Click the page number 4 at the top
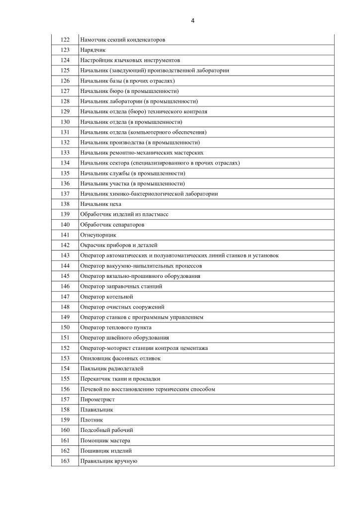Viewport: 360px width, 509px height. [x=192, y=20]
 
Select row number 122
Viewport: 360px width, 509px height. [x=65, y=40]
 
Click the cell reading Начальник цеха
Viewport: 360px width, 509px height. [x=100, y=204]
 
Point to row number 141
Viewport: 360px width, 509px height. [x=65, y=235]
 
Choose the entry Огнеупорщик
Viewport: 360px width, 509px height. [x=98, y=235]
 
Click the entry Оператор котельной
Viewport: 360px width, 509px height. [x=106, y=296]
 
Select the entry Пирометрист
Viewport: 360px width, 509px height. [x=97, y=399]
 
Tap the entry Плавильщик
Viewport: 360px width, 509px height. [x=96, y=410]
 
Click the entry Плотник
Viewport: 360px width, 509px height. [x=91, y=420]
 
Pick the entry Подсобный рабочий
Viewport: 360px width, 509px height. [x=106, y=430]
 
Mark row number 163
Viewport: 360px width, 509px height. [x=65, y=461]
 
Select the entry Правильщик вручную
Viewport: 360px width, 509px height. [x=108, y=461]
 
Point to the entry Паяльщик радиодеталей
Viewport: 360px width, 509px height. [x=111, y=368]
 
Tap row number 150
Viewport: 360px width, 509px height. [x=65, y=327]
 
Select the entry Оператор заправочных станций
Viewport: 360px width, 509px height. [x=121, y=286]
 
